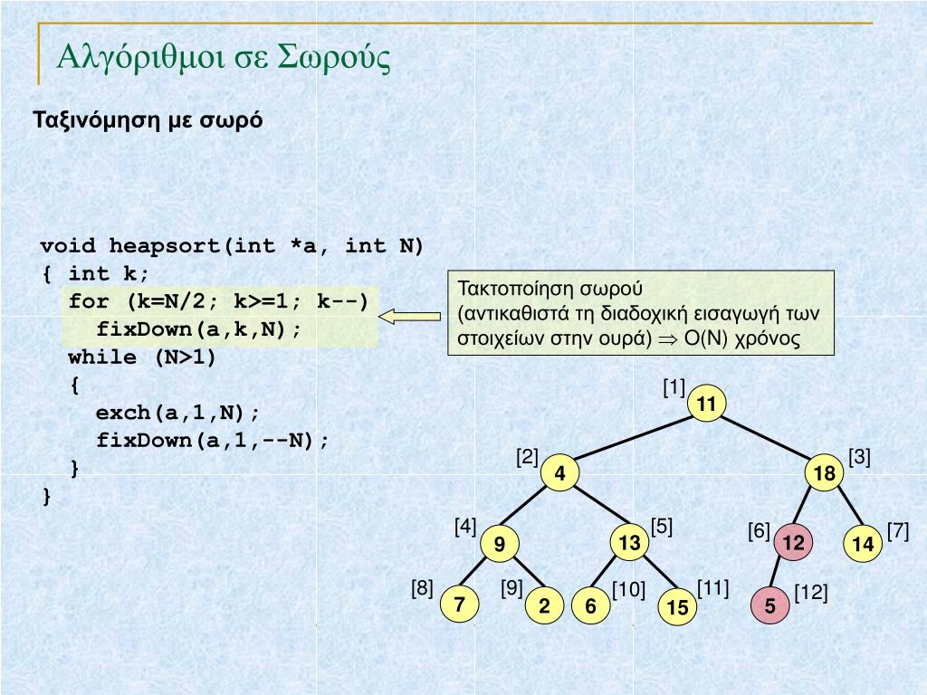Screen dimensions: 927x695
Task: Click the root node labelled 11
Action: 707,405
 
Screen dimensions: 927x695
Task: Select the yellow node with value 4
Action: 560,474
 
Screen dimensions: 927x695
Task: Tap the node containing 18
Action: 824,474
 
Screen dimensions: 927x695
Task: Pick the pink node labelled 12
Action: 793,542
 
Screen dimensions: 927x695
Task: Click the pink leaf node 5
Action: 769,606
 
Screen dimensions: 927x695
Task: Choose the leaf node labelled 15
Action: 677,608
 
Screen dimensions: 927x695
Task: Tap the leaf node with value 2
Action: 544,606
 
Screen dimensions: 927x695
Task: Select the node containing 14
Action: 863,544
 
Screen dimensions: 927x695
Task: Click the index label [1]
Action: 674,389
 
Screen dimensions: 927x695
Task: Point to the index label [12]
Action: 811,593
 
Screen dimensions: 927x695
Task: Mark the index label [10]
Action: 628,591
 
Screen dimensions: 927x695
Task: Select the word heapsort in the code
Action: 166,246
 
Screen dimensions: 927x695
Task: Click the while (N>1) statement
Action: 142,357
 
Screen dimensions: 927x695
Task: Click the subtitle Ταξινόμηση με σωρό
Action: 148,120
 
